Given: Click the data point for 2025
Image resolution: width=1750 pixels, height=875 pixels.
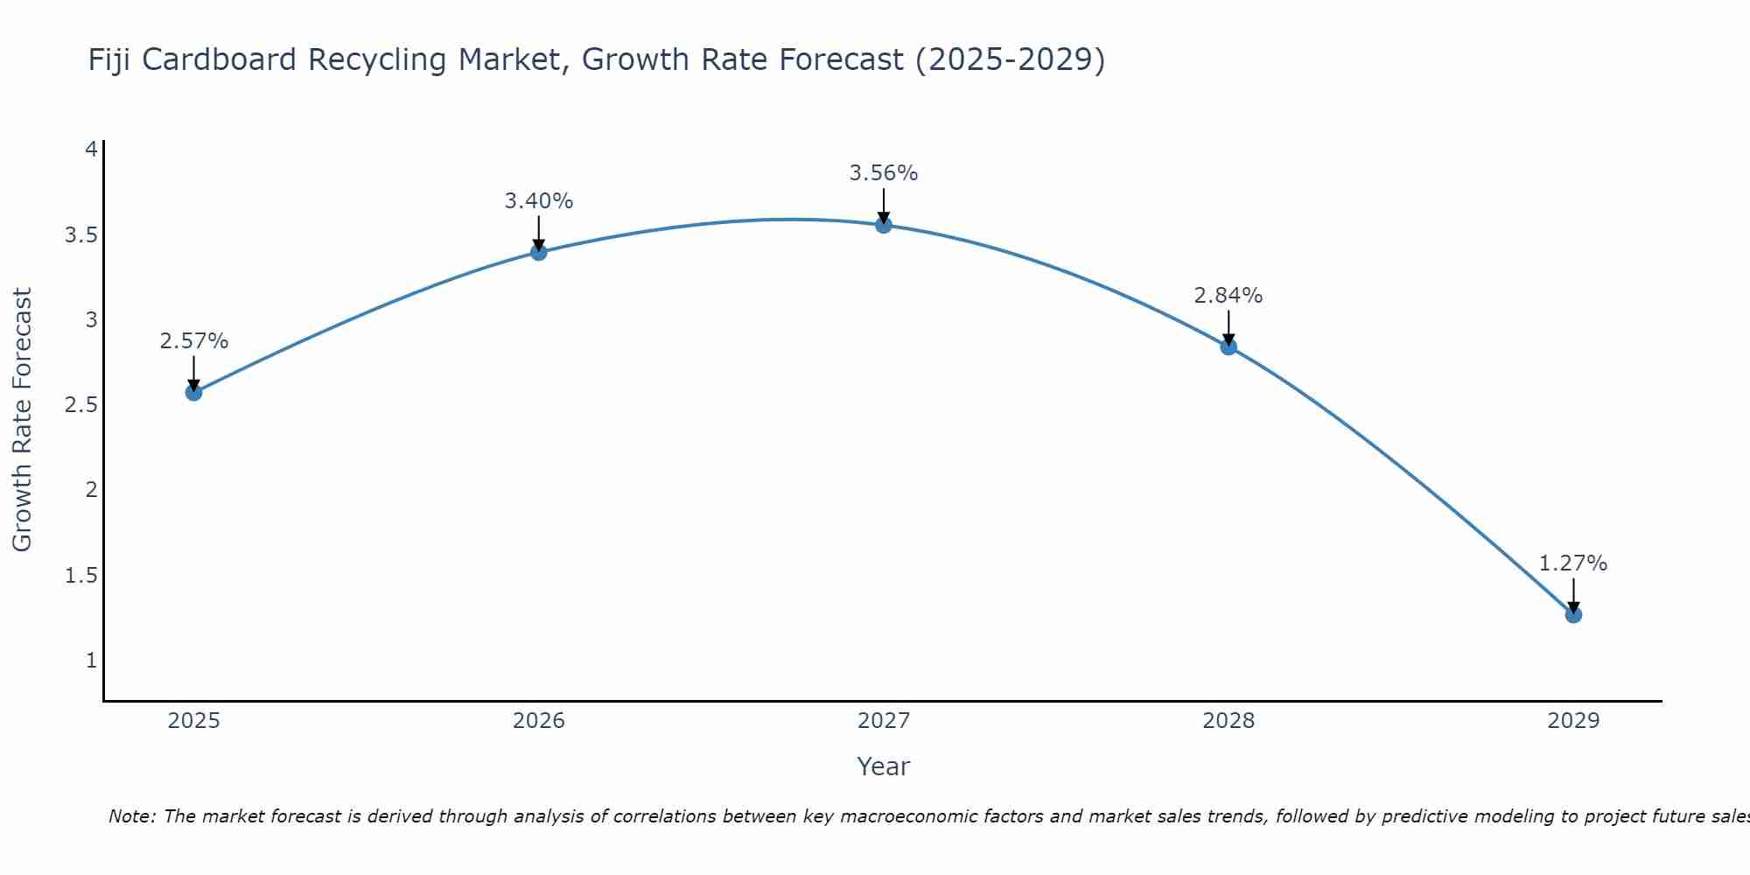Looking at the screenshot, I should [193, 392].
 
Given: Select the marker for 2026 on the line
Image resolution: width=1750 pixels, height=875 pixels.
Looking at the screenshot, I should [539, 252].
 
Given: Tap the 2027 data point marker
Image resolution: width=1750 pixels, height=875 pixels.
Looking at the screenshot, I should [884, 225].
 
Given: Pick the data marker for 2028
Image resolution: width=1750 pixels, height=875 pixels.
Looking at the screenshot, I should [1228, 346].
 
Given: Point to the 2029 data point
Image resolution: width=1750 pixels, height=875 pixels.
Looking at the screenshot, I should [1573, 614].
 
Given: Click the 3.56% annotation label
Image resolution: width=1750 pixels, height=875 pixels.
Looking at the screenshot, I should [884, 173].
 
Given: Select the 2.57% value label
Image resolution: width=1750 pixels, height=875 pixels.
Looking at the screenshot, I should [193, 341].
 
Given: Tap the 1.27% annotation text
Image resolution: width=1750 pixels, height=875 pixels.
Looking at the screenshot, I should [1573, 563].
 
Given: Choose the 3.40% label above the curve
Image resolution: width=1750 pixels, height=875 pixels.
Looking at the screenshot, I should [539, 201].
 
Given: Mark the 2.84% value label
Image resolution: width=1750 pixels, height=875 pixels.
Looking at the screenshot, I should [1228, 296].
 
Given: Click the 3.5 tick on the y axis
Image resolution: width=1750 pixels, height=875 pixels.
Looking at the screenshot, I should [80, 234].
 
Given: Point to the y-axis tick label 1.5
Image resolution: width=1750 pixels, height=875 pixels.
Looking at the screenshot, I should [80, 575].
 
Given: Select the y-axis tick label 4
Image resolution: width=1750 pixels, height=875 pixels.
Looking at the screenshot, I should [91, 150].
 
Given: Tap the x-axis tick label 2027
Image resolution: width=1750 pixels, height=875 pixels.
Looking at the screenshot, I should [884, 721].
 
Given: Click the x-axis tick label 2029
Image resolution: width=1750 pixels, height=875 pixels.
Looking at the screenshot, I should [1573, 721].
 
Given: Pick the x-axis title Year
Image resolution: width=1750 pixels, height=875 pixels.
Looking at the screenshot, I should [884, 766].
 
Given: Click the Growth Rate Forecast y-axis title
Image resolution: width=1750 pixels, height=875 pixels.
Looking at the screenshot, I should [23, 420].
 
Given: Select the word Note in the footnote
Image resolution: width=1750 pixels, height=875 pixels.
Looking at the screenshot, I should [131, 816].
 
